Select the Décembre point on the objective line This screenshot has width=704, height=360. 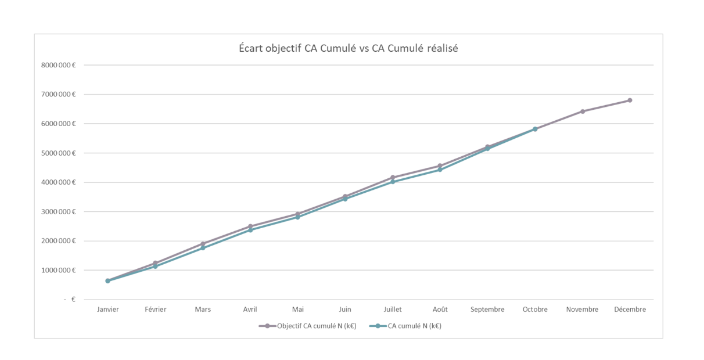[x=630, y=100]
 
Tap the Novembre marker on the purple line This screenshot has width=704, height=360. [x=583, y=111]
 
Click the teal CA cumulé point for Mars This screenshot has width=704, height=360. [x=203, y=248]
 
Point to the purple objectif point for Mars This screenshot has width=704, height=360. [x=203, y=244]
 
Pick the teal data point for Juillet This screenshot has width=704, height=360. [x=393, y=182]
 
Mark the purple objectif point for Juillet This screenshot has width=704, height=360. [x=393, y=177]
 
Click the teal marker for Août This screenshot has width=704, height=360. [x=440, y=170]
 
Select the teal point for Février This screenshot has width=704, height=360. [x=155, y=267]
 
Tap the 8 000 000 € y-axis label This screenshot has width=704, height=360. [x=58, y=65]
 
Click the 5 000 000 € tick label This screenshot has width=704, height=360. [x=58, y=153]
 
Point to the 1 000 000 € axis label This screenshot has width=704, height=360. [x=58, y=271]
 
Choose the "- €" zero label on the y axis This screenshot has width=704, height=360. [x=70, y=300]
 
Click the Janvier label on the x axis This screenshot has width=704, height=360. [x=108, y=309]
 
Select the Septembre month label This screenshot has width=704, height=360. [x=487, y=309]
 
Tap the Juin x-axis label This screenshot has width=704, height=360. [x=345, y=309]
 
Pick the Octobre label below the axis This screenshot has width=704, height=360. [x=535, y=309]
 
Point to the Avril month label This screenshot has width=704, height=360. [x=250, y=309]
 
